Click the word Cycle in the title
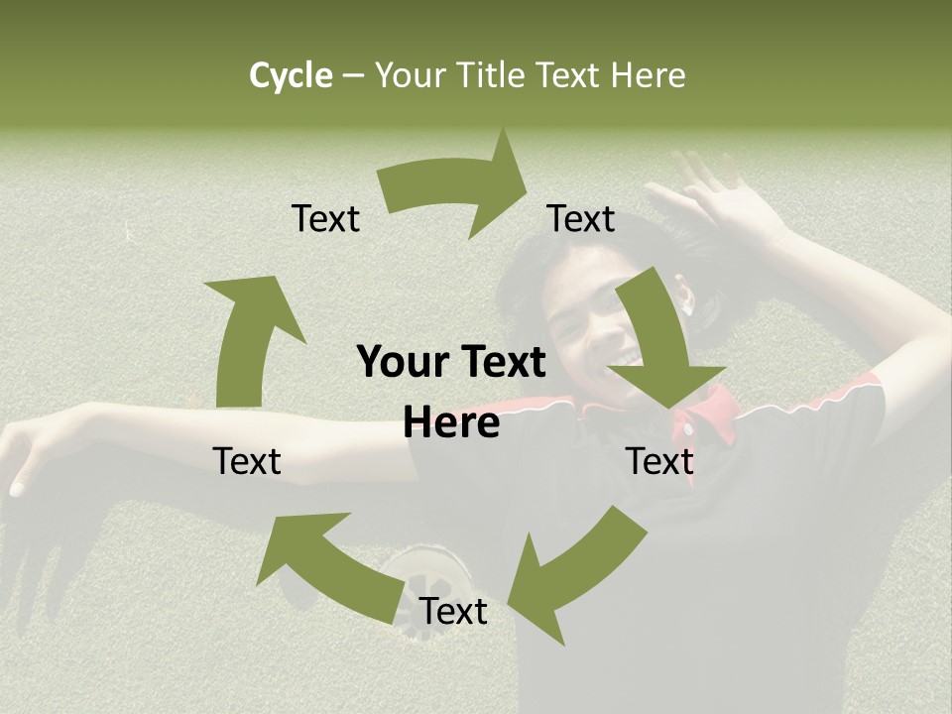point(291,75)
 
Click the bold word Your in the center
point(403,363)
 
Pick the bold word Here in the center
point(451,423)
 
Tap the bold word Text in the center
point(503,363)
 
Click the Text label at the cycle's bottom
point(453,612)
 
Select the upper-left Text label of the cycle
point(326,218)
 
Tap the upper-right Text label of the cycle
point(581,218)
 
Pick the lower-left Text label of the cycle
point(247,461)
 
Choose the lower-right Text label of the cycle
point(659,461)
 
